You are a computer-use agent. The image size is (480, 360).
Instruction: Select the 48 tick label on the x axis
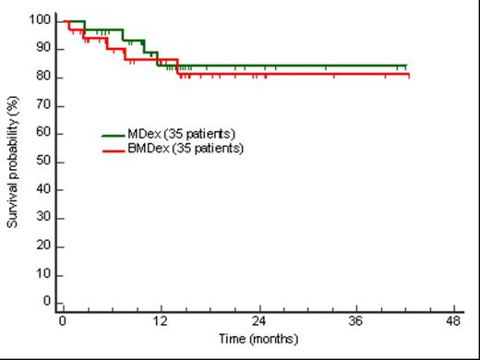453,320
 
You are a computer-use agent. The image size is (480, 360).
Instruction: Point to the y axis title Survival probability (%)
14,162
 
